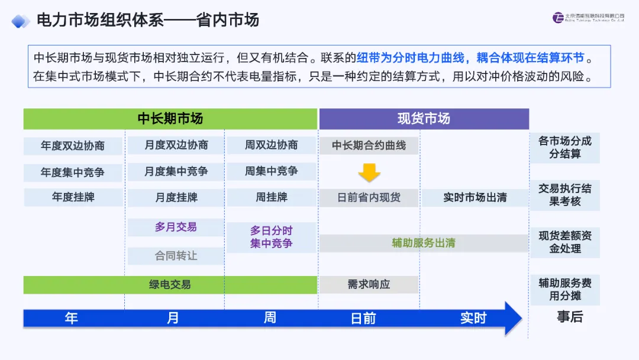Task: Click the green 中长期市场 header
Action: point(170,118)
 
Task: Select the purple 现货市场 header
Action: point(424,118)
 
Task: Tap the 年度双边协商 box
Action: point(73,146)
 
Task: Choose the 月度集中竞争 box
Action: point(176,172)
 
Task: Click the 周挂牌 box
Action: point(272,197)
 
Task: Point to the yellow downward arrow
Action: point(369,172)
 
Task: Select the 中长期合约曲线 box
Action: point(369,146)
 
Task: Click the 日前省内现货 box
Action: point(369,198)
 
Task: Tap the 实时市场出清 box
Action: point(475,198)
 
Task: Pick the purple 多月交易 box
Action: point(176,227)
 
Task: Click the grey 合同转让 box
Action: point(176,256)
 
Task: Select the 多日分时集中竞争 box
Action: point(272,237)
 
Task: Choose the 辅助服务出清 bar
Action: point(424,243)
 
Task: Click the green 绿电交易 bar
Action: point(170,285)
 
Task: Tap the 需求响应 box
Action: point(369,285)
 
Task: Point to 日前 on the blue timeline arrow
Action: point(363,319)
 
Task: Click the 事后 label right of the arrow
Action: point(569,317)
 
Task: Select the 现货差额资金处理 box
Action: point(564,242)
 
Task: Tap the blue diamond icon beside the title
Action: point(21,21)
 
